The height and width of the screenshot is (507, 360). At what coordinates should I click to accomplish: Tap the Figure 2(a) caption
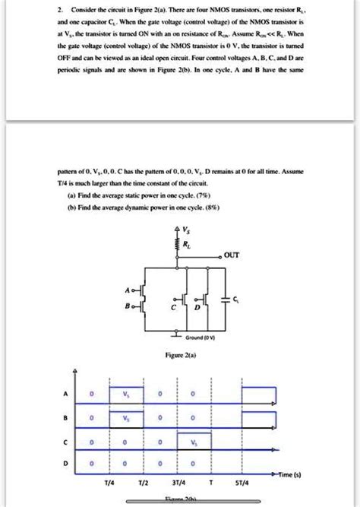(x=179, y=355)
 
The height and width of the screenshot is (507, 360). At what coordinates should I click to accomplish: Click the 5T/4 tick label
(x=242, y=482)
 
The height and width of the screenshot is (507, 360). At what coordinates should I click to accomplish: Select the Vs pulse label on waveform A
(x=126, y=394)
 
